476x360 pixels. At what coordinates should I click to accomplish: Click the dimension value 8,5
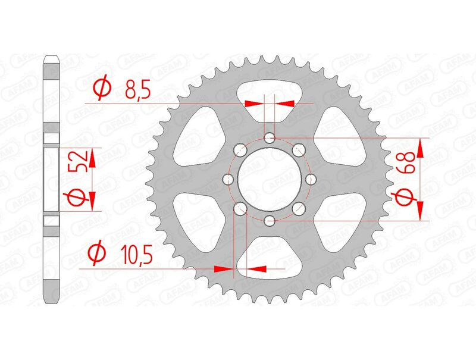tap(137, 89)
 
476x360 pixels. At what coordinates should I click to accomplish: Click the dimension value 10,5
tap(136, 254)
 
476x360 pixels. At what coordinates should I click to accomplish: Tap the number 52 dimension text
tap(79, 161)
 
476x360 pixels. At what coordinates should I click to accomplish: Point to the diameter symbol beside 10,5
tap(97, 253)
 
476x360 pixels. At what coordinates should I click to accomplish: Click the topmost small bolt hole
tap(270, 139)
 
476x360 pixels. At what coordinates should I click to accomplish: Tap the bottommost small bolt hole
tap(270, 221)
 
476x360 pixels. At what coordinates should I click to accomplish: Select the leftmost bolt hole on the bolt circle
tap(228, 179)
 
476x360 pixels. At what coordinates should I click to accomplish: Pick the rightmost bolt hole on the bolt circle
tap(311, 179)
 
